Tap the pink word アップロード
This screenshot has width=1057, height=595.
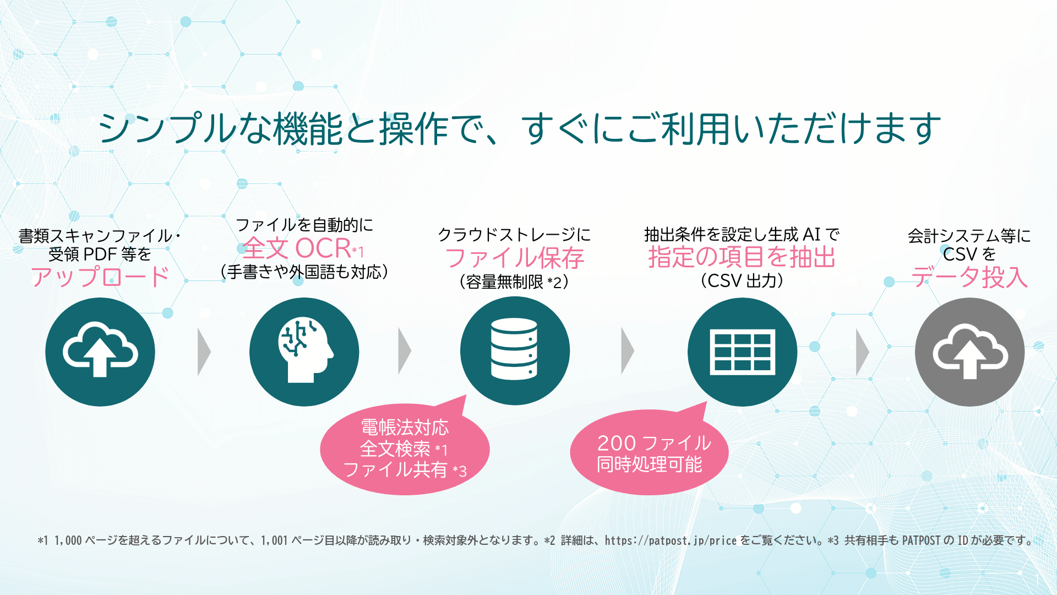point(100,277)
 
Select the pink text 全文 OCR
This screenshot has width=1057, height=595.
point(297,248)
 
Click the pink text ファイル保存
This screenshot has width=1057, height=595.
point(514,258)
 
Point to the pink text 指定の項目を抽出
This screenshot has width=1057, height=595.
point(742,257)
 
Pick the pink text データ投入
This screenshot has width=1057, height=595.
point(969,277)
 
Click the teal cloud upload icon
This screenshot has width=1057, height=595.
point(100,352)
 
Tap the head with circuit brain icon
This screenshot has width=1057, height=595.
point(304,352)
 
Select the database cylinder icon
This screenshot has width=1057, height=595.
point(515,351)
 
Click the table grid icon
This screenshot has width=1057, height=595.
point(742,352)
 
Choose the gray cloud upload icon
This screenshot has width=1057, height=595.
point(969,352)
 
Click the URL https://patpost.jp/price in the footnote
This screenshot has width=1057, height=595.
point(670,540)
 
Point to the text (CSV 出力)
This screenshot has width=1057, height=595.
point(742,281)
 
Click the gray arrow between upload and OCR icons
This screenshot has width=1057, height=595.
point(204,352)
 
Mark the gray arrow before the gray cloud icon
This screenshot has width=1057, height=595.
point(862,352)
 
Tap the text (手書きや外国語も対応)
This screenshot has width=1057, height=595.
point(304,272)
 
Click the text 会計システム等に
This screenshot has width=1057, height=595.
point(969,236)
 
